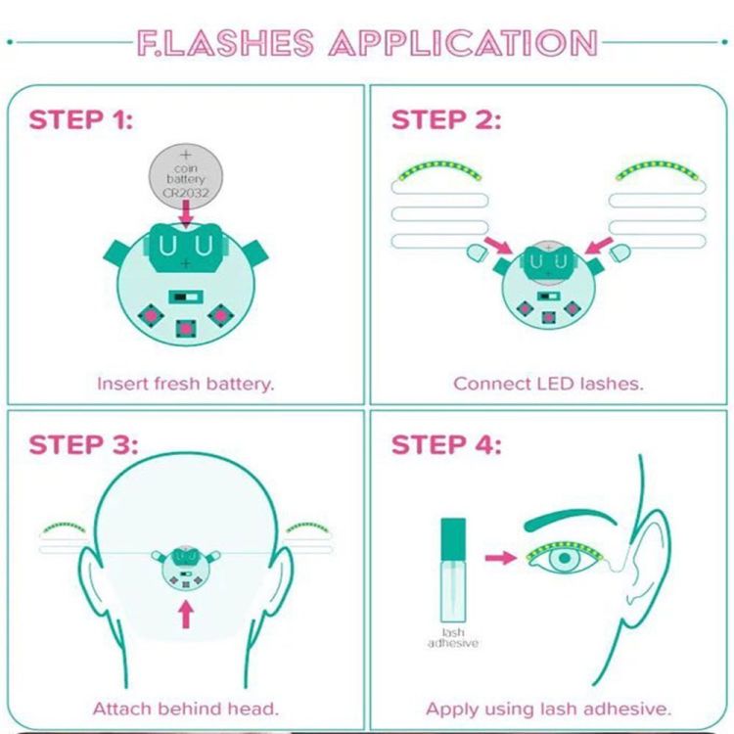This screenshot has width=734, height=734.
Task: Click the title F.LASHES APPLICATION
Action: [x=367, y=43]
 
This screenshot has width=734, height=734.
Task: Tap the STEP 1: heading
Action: [x=81, y=119]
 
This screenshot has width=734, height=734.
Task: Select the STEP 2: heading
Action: [x=446, y=119]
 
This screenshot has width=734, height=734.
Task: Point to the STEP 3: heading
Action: [x=84, y=444]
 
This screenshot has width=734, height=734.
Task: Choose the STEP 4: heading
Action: [x=446, y=444]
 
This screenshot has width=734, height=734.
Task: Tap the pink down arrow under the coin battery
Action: [x=186, y=213]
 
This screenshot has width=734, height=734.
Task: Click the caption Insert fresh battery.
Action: [x=185, y=384]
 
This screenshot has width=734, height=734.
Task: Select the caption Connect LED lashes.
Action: [x=549, y=384]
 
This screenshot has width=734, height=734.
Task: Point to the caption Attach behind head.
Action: [x=185, y=709]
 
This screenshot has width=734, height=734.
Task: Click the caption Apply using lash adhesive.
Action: [x=549, y=709]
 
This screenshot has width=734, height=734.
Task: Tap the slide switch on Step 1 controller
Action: [x=186, y=297]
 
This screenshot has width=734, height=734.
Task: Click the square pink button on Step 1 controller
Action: [x=186, y=329]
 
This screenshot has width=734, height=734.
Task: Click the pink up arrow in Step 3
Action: [x=186, y=615]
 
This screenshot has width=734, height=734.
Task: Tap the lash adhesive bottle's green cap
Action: [x=453, y=539]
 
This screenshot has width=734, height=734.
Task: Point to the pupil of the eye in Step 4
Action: [x=565, y=558]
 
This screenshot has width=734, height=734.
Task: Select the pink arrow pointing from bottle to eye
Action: [x=501, y=557]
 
